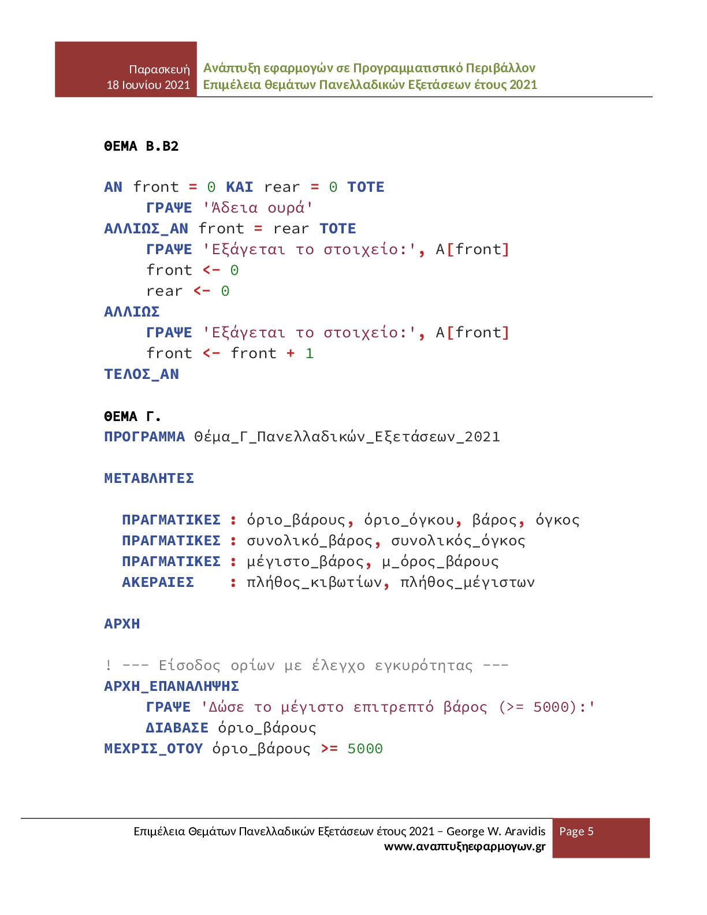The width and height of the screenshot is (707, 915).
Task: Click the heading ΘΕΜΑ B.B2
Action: (x=141, y=146)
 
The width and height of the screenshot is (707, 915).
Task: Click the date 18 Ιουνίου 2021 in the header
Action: (x=148, y=85)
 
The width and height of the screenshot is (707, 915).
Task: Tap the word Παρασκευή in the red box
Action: (x=159, y=69)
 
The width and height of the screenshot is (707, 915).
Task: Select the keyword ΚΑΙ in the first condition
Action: (x=239, y=187)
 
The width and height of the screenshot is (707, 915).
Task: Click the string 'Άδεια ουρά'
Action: (x=258, y=208)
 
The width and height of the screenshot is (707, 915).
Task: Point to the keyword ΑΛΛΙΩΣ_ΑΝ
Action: (x=146, y=229)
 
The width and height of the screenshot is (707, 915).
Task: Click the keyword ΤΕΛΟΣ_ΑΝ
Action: (x=142, y=374)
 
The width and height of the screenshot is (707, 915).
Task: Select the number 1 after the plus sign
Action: (x=310, y=354)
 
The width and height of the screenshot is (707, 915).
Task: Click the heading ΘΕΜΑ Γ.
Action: (x=132, y=416)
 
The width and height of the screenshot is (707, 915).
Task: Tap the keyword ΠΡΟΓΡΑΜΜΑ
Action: (x=144, y=437)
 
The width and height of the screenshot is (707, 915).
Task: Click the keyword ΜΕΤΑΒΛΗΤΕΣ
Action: (x=149, y=478)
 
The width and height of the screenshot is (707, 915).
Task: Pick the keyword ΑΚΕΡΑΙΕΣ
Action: (x=158, y=582)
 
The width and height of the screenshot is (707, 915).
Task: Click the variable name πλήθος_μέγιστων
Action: (x=467, y=582)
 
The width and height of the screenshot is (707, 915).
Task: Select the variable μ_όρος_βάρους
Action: (x=440, y=561)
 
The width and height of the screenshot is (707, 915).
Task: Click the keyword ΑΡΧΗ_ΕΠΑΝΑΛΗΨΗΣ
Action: (x=172, y=686)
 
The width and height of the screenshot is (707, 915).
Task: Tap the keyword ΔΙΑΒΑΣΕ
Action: (x=177, y=728)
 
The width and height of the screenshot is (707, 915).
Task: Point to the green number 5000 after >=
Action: (x=365, y=749)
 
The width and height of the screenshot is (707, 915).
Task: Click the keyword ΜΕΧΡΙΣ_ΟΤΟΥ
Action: (x=153, y=749)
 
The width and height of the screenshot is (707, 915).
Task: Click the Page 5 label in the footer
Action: (x=576, y=831)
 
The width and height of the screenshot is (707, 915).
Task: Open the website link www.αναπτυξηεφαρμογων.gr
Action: (x=464, y=847)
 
